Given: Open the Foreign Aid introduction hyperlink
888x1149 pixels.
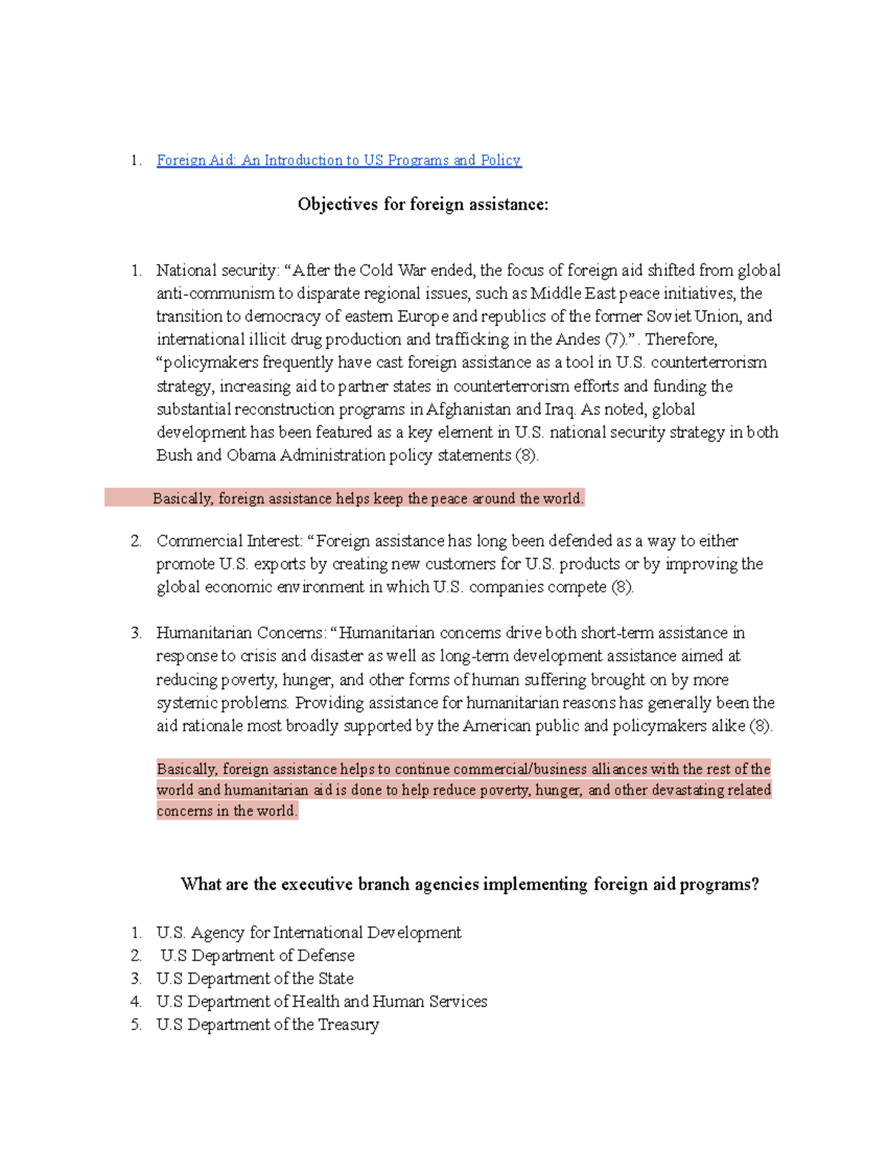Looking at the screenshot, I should click(338, 161).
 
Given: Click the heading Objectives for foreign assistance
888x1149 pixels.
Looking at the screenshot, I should click(423, 204).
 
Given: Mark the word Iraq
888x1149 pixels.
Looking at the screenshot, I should click(559, 409).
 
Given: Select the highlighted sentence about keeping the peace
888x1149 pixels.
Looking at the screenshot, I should click(368, 499).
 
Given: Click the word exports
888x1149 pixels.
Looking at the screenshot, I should click(280, 564).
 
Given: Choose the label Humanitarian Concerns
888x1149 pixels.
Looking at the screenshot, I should click(240, 633).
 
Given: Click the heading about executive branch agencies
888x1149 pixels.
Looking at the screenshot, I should click(469, 885).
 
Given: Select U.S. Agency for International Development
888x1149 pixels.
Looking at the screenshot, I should click(309, 932).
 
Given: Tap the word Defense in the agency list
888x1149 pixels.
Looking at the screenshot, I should click(326, 956).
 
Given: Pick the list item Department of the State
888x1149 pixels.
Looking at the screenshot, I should click(255, 979).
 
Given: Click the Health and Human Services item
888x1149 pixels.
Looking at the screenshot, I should click(322, 1002).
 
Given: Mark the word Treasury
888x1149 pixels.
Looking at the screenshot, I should click(348, 1025).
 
